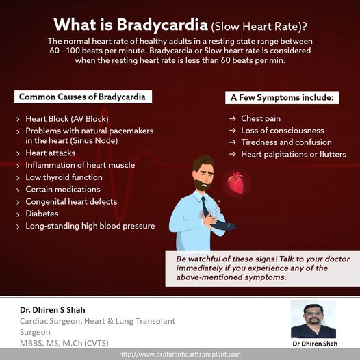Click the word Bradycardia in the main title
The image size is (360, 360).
pos(162,25)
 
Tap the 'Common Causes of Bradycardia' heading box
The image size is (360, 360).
pos(83,97)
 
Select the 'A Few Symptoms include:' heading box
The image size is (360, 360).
pos(282,98)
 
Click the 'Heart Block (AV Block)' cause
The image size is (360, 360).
pos(67,119)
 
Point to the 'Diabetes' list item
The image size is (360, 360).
pos(42,214)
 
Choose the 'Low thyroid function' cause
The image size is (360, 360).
pos(64,177)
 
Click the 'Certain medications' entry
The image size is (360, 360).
pos(63,190)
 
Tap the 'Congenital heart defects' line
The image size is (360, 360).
pos(71,202)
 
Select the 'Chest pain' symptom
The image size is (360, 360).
pos(261,118)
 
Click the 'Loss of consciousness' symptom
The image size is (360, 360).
pos(283,131)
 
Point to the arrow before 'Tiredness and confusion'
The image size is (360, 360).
pos(232,142)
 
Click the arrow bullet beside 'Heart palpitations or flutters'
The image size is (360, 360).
pos(232,154)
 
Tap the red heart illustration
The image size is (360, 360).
pos(236,183)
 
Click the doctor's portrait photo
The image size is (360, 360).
pos(313,320)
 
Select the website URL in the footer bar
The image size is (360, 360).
pos(180,355)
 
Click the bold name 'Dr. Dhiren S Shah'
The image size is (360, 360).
pos(53,310)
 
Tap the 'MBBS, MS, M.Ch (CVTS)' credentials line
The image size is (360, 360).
pos(64,343)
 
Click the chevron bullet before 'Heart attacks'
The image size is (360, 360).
pos(18,153)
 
